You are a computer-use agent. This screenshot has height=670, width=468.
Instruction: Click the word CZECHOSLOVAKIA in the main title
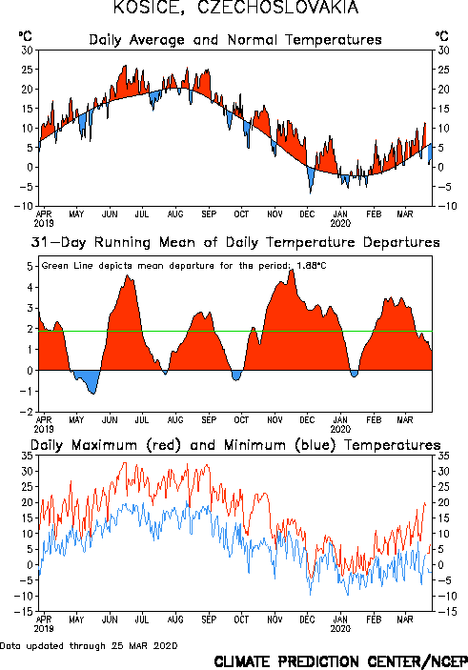pos(277,7)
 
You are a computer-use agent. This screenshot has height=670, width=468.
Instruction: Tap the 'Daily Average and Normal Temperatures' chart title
pos(235,40)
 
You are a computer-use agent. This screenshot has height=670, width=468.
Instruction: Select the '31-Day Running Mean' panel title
pos(235,242)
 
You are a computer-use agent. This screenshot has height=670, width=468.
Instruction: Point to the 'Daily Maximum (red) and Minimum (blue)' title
pos(235,445)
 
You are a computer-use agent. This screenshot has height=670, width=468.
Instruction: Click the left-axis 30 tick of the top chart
pos(28,50)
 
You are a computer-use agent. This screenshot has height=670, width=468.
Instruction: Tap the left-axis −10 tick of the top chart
pos(24,206)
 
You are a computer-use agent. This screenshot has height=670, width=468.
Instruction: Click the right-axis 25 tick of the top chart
pos(443,70)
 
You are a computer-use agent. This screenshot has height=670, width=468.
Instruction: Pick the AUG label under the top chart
pos(175,214)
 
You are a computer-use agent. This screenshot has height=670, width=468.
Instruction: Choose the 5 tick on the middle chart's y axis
pos(30,267)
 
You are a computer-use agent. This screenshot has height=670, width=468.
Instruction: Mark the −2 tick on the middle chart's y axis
pos(27,412)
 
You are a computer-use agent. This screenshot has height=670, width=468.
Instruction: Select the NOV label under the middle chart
pos(275,420)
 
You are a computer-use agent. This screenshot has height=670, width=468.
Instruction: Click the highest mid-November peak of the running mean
pos(292,270)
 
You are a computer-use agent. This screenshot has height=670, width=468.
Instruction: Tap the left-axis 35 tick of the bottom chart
pos(28,456)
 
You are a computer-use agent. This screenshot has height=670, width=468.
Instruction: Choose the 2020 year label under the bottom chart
pos(340,629)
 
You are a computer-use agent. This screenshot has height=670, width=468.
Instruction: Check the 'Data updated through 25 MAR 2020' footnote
pos(89,645)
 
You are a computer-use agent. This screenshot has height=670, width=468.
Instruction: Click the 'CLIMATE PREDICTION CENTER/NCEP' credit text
pos(340,661)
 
